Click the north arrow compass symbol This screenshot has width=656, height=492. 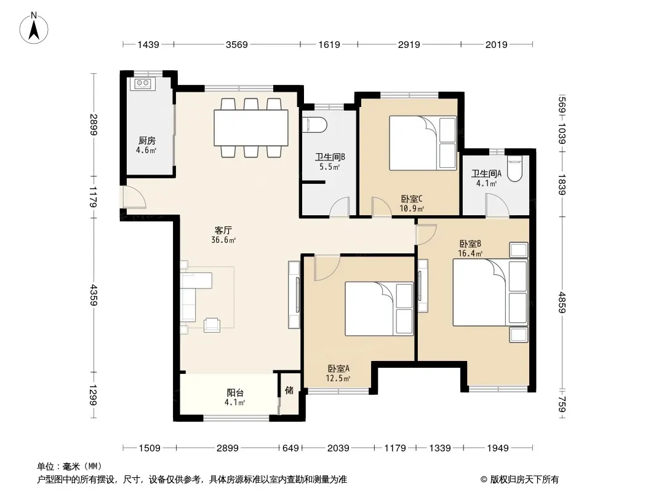(34, 28)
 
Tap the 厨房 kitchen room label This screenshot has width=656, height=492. (147, 140)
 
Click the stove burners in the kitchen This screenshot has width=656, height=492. (142, 83)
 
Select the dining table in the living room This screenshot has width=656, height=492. (251, 127)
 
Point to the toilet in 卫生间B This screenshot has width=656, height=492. (314, 124)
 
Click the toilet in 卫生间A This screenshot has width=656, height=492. (514, 169)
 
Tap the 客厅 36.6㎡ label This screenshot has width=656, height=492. (223, 235)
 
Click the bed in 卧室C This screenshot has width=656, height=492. (423, 143)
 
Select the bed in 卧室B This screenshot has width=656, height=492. (490, 293)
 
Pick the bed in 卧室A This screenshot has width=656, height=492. (379, 309)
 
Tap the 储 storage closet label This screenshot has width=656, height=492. (289, 390)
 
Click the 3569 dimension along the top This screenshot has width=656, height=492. (237, 44)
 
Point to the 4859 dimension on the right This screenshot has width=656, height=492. (562, 303)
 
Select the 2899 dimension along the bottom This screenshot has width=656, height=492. (228, 448)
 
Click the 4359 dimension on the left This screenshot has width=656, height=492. (94, 295)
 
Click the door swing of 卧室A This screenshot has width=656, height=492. (327, 268)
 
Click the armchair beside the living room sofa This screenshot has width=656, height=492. (212, 325)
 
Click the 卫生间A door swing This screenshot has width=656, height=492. (497, 205)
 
